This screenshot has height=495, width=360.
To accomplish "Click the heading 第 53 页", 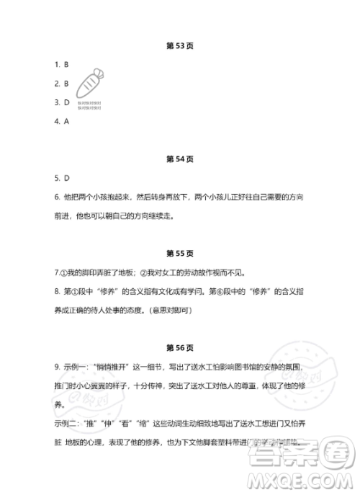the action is [179, 45].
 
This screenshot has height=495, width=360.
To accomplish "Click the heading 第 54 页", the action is [179, 159].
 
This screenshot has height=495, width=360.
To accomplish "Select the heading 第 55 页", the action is [179, 254].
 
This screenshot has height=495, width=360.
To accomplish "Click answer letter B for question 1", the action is [66, 64].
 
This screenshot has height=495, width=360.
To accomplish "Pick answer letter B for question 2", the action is [66, 83].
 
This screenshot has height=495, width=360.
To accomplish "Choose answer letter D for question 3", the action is [66, 102].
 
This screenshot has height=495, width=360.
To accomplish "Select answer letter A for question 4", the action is [66, 120].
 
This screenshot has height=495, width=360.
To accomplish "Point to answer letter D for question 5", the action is [66, 177].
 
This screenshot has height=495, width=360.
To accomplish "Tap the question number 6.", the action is [56, 196].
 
